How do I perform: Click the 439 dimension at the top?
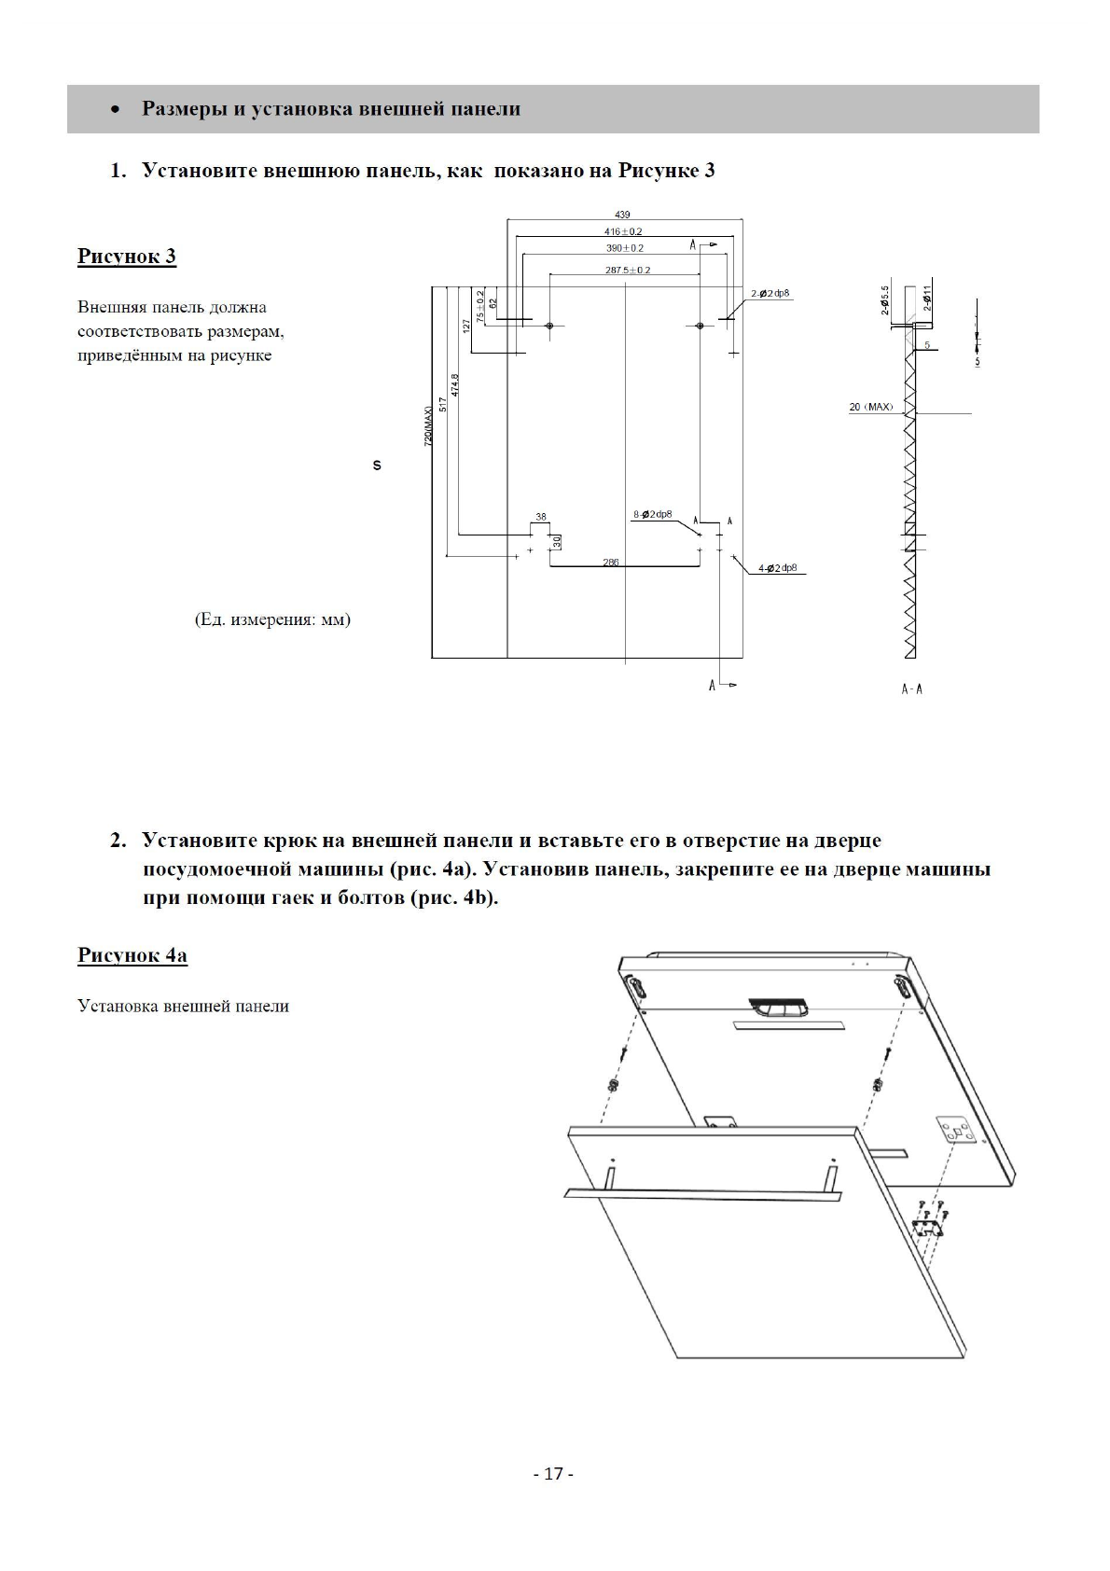623,215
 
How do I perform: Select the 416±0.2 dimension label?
623,231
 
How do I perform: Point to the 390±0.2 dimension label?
625,248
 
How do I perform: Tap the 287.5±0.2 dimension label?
628,271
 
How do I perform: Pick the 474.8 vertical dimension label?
455,386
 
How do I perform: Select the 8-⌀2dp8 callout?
653,514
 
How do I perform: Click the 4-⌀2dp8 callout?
777,568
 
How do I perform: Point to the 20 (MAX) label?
870,408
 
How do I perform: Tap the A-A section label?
911,689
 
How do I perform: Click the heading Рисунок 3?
127,257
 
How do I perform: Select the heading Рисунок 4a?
132,955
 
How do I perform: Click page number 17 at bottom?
553,1474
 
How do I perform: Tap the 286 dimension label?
610,563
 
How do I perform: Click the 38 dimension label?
541,517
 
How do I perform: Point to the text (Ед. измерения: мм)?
272,619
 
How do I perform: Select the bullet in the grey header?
115,110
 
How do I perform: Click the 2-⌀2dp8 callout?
770,294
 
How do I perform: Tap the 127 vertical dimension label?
466,326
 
